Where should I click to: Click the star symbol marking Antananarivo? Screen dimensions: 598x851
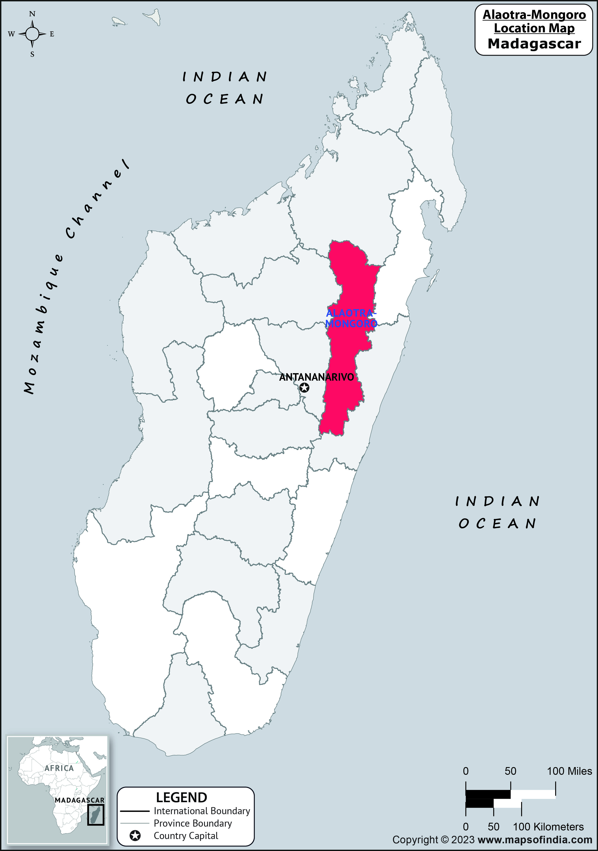tap(304, 388)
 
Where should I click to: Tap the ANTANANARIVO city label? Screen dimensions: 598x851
tap(316, 377)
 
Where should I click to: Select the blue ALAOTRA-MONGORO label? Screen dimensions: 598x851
tap(351, 318)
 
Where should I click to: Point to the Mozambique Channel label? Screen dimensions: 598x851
tap(74, 278)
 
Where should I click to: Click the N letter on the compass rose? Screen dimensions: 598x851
tap(32, 14)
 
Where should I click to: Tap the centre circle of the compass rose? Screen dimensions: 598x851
tap(32, 34)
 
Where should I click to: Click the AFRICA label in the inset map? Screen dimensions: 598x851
tap(59, 768)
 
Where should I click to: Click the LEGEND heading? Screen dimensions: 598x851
tap(181, 797)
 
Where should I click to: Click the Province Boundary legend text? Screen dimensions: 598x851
tap(193, 823)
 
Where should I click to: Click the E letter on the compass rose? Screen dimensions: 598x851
tap(52, 34)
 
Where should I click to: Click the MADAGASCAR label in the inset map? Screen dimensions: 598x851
tap(79, 800)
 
